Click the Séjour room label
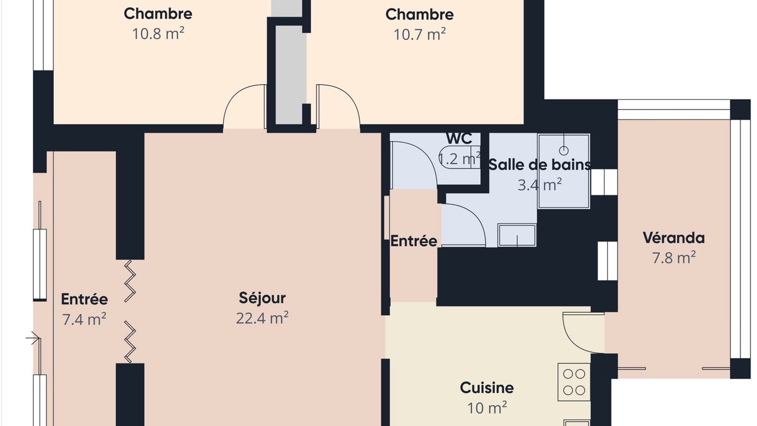tap(262, 298)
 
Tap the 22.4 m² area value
tap(262, 318)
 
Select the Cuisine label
tap(487, 388)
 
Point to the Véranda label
tap(674, 238)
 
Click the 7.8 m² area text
tap(674, 257)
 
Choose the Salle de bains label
tap(540, 165)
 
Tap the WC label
tap(459, 138)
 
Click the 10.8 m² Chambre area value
tap(158, 34)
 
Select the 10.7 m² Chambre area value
tap(419, 34)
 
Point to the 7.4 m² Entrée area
tap(84, 319)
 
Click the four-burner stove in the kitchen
tap(574, 382)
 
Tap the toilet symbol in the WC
tap(460, 157)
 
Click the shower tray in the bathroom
tap(564, 171)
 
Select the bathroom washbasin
tap(517, 235)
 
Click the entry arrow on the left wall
tap(33, 338)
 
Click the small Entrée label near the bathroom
tap(413, 241)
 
